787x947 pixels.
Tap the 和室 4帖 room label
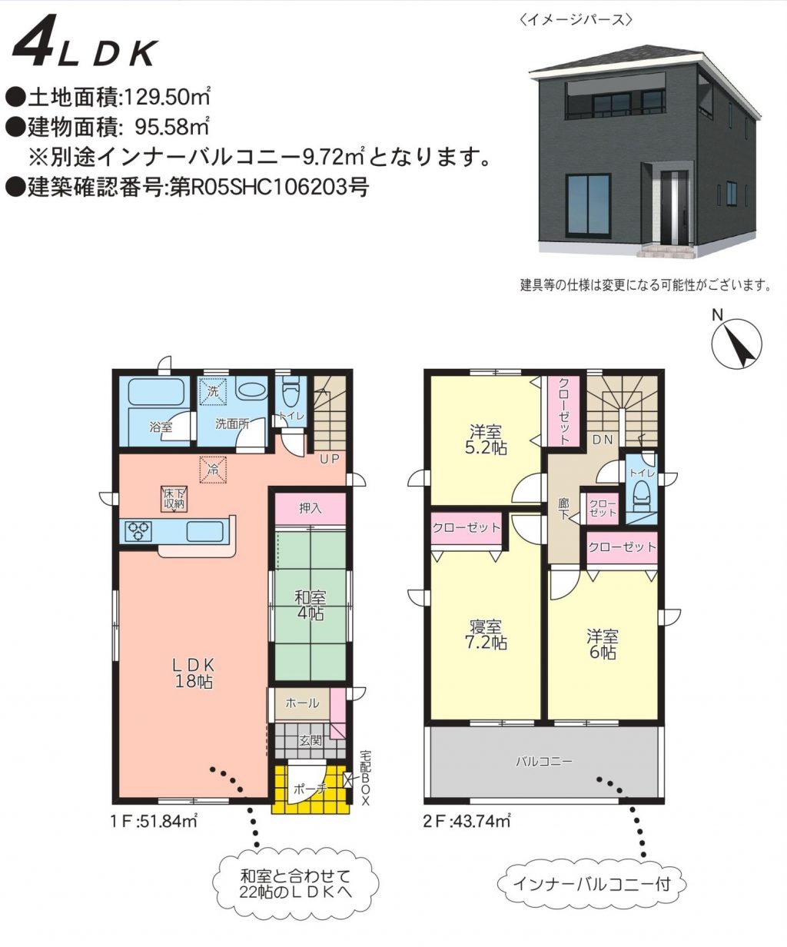[310, 606]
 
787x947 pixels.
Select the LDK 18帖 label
[194, 673]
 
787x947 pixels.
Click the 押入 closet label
[310, 509]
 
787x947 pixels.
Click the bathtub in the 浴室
[156, 392]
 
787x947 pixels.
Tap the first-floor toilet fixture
[290, 394]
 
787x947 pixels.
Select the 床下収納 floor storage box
[174, 500]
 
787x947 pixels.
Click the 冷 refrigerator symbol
[213, 470]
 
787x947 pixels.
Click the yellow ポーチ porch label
[310, 789]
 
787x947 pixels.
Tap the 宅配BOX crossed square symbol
[348, 779]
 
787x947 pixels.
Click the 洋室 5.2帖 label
[486, 439]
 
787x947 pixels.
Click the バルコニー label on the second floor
[544, 762]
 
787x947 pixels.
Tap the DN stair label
[603, 439]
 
